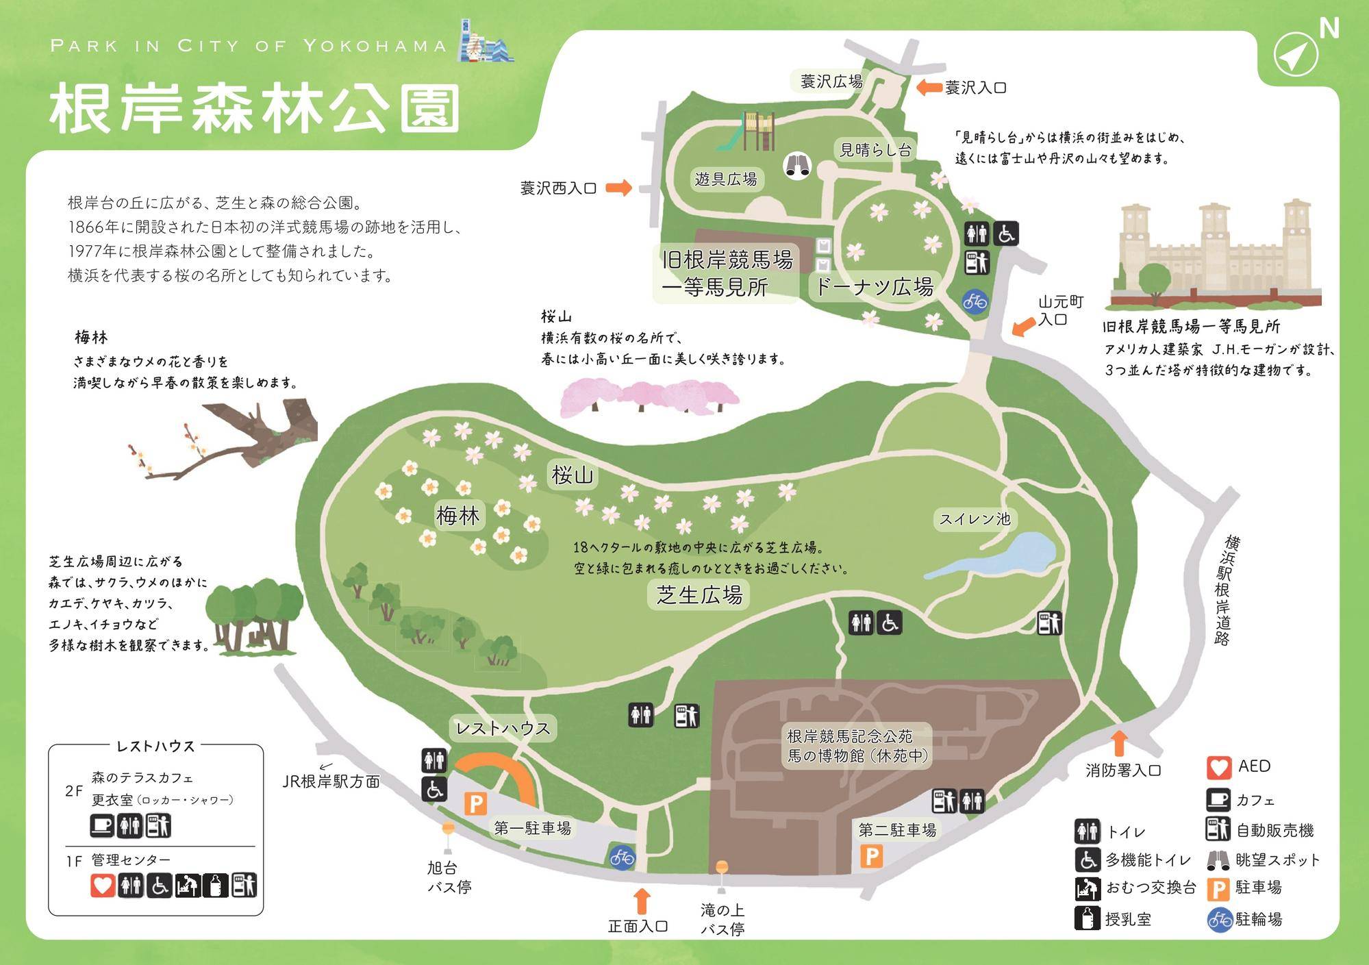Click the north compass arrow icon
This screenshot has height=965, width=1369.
(x=1295, y=55)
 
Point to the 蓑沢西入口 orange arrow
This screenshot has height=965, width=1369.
(x=618, y=188)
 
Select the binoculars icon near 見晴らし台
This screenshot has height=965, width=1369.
(x=798, y=165)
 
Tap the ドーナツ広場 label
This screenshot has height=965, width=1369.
(x=874, y=286)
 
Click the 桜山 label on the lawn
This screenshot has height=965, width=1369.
(x=573, y=475)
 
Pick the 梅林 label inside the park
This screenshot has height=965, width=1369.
(x=458, y=515)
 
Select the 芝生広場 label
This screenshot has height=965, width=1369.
(x=699, y=594)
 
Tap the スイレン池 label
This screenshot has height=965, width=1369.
(x=975, y=519)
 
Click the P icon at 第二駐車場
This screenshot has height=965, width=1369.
(x=871, y=857)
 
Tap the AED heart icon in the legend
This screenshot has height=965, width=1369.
(x=1218, y=767)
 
